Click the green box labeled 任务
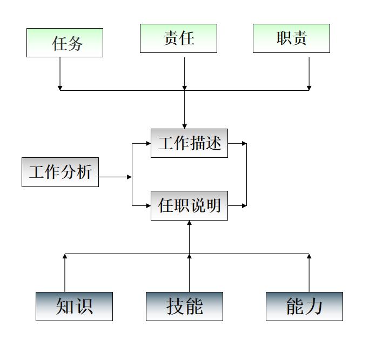(x=65, y=43)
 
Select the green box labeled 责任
(x=178, y=38)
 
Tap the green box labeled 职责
(x=291, y=38)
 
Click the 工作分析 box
(x=60, y=172)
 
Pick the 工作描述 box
(x=189, y=143)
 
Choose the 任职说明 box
(x=189, y=205)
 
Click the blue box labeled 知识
(x=74, y=306)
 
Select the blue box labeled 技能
(x=184, y=306)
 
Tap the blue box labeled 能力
(x=304, y=306)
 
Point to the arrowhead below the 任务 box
(x=60, y=87)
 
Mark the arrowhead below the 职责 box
(x=309, y=87)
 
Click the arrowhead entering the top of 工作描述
(x=184, y=126)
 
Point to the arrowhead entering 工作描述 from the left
(x=148, y=144)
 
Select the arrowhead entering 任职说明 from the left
(x=148, y=205)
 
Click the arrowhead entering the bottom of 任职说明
(x=189, y=223)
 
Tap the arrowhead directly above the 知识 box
(x=65, y=256)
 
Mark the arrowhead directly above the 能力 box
(x=309, y=256)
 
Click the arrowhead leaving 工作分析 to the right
(x=129, y=177)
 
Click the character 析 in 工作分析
(x=84, y=172)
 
